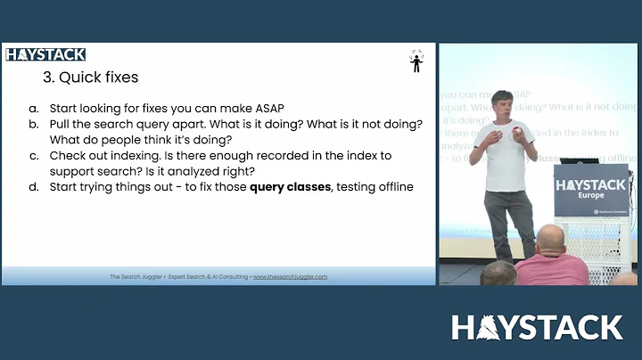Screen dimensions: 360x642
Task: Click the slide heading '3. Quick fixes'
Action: click(90, 78)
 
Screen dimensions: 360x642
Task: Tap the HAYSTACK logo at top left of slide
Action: click(45, 54)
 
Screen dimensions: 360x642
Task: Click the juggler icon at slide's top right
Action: click(416, 61)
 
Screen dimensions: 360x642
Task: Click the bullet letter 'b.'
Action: click(33, 122)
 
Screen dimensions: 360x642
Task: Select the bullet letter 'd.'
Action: click(33, 187)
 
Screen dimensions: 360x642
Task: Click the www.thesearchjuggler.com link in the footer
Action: click(290, 276)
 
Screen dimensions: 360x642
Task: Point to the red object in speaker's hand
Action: click(516, 134)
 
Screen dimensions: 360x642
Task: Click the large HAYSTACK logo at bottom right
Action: click(536, 327)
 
